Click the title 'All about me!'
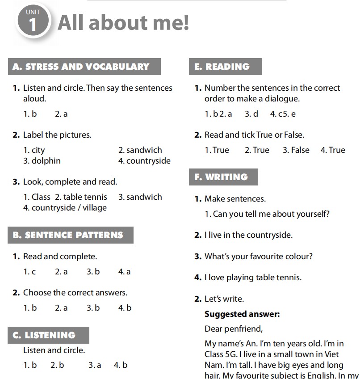(123, 22)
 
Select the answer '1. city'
(34, 150)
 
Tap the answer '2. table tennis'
(81, 197)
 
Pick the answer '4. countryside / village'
(65, 207)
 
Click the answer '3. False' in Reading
(296, 150)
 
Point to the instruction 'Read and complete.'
(60, 257)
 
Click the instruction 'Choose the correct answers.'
(75, 293)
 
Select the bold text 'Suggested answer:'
(242, 314)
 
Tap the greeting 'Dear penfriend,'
(234, 329)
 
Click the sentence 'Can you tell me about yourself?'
(271, 214)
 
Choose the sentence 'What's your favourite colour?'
(259, 257)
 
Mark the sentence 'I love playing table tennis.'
(253, 278)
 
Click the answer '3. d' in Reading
(251, 114)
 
